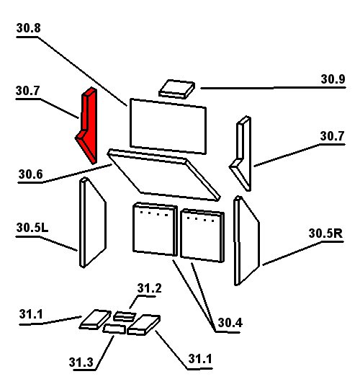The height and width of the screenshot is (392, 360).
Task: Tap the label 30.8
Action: (x=29, y=28)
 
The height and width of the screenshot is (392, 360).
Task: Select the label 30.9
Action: (x=333, y=79)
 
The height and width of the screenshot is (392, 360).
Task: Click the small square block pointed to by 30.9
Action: (x=177, y=89)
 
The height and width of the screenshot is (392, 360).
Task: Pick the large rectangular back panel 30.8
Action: (x=168, y=126)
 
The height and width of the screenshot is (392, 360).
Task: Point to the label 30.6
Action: (x=30, y=174)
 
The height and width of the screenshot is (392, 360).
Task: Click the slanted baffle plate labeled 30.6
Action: (x=163, y=175)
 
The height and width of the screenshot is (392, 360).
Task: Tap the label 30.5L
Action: (x=32, y=228)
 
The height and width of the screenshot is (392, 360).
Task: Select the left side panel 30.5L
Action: (x=92, y=223)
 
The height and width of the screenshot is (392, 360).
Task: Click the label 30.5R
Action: (x=325, y=233)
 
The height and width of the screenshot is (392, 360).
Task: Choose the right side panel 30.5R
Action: (x=246, y=241)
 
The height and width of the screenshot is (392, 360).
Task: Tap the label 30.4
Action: (x=230, y=323)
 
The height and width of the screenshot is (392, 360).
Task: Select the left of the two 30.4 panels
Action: (x=155, y=229)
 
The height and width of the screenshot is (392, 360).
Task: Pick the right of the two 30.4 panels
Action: (x=202, y=236)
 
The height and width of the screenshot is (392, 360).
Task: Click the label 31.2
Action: (x=149, y=288)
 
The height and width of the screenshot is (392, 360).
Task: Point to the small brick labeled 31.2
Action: (x=125, y=316)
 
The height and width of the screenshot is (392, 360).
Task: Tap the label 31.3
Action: (x=81, y=362)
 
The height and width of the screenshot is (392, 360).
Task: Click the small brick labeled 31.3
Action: (x=114, y=329)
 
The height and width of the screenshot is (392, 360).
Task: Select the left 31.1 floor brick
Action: (x=95, y=319)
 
